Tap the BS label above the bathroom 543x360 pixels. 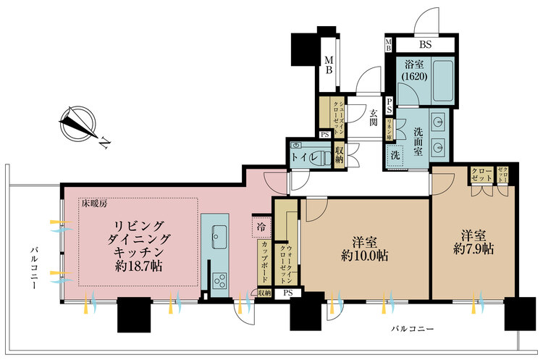tap(425, 45)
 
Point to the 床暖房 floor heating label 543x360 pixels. tap(95, 204)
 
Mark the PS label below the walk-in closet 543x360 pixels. tap(287, 293)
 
